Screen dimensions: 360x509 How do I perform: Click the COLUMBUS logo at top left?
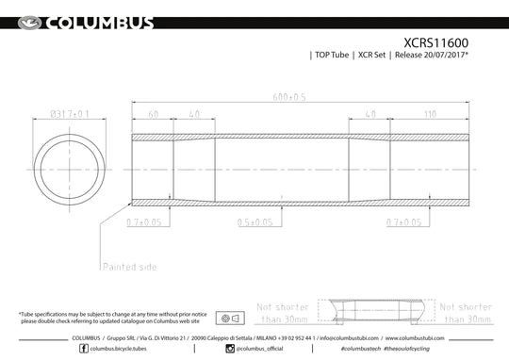pos(81,22)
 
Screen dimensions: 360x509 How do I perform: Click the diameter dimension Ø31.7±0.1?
pos(70,116)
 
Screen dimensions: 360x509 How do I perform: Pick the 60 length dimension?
pos(152,116)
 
